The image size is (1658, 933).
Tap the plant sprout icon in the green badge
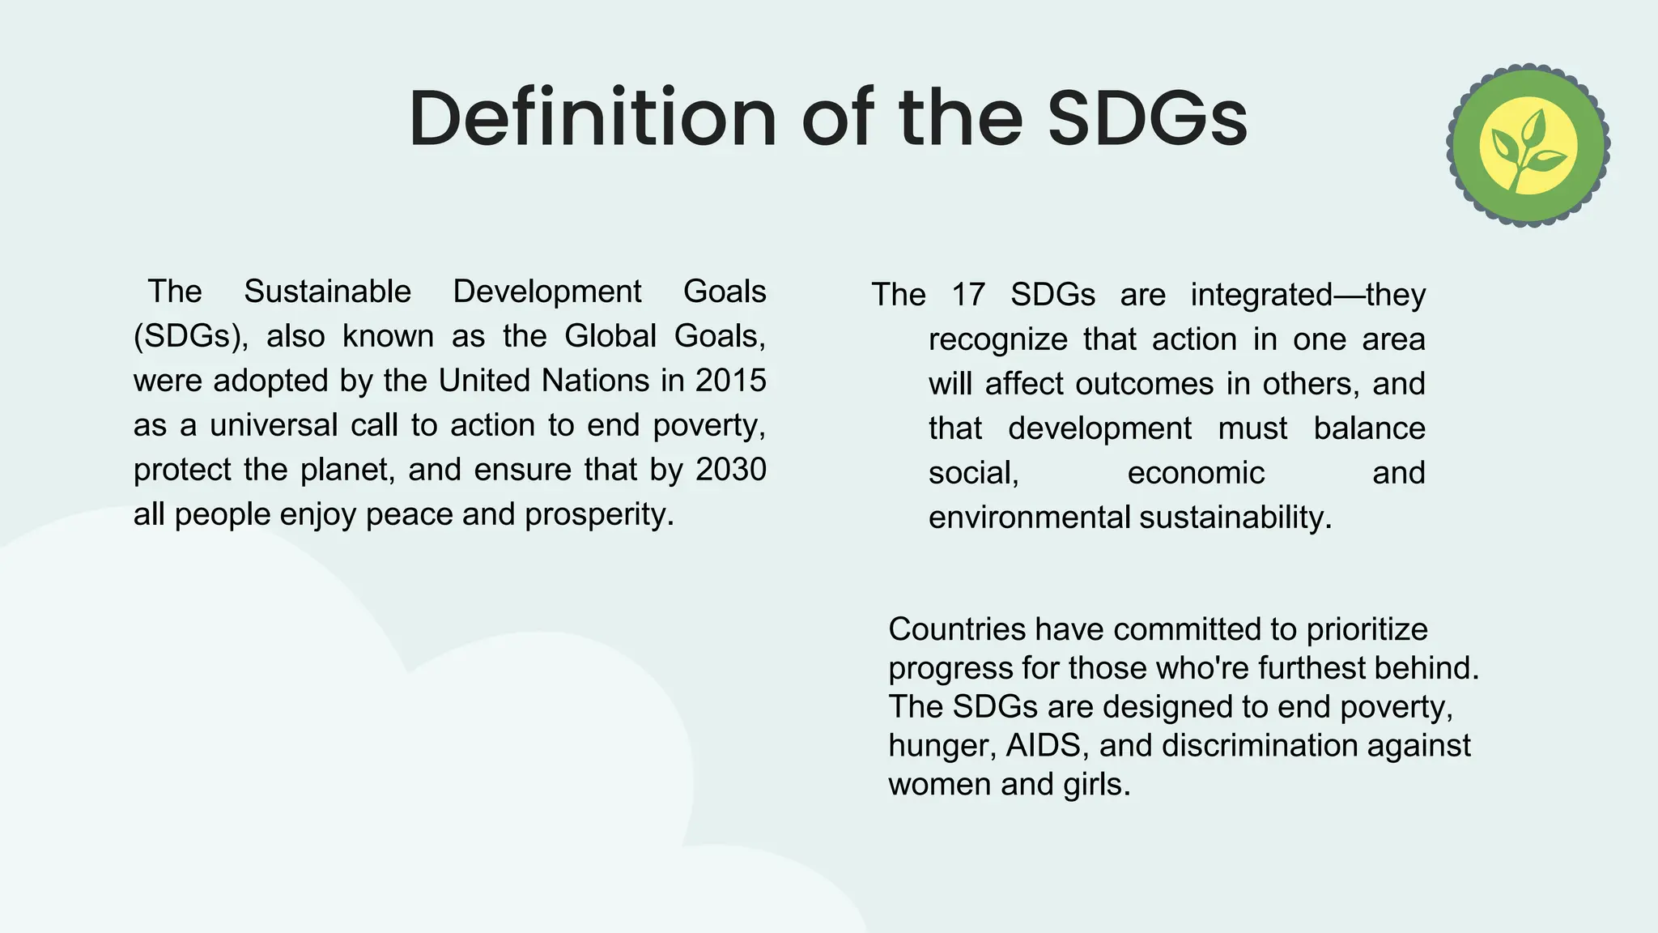pos(1528,146)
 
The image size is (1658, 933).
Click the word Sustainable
pos(327,292)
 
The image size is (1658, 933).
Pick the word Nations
pos(596,381)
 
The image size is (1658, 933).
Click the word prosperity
pos(599,515)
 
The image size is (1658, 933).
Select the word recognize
pos(997,339)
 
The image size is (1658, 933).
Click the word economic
pos(1196,473)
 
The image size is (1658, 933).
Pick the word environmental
pos(1029,518)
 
